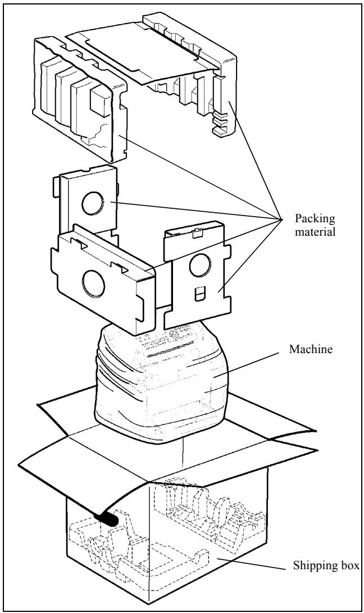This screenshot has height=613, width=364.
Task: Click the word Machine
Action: (311, 349)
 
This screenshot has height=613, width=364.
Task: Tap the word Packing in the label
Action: (315, 218)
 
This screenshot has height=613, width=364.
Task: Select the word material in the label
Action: (315, 231)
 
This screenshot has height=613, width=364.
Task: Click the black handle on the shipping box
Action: (107, 519)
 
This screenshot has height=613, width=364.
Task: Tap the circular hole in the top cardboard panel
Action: (93, 203)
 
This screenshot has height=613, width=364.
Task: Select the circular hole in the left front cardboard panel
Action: (93, 283)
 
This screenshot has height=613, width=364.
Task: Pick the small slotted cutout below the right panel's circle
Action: (199, 294)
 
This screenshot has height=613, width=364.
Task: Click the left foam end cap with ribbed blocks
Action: (81, 100)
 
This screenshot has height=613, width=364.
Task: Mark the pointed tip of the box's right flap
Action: (316, 431)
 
